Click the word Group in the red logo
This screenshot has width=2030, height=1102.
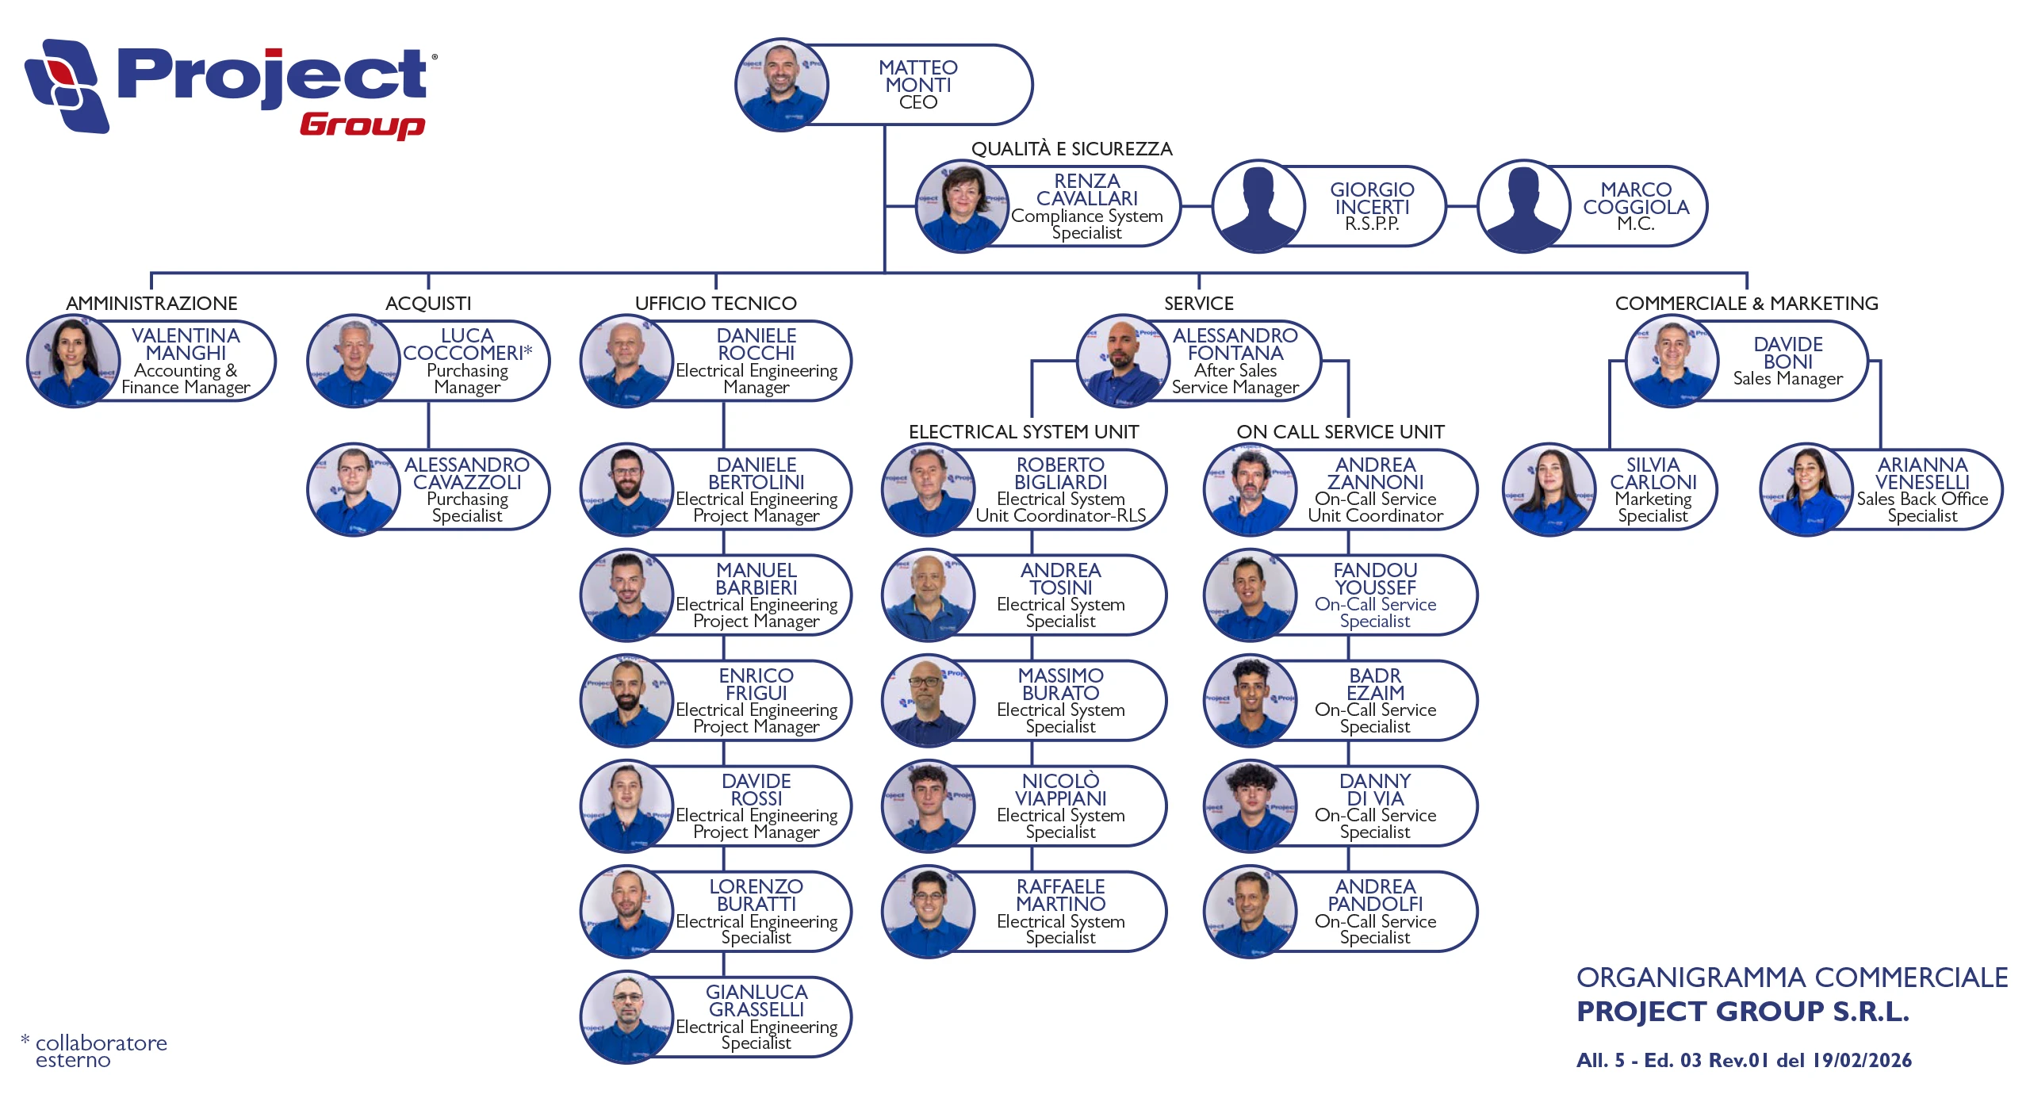tap(362, 125)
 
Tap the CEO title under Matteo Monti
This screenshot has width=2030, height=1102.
tap(917, 102)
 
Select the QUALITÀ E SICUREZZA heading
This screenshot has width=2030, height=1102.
tap(1071, 149)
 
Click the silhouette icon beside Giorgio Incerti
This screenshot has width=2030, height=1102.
tap(1258, 207)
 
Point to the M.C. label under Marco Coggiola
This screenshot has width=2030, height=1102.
tap(1635, 224)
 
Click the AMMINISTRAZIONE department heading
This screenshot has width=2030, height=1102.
tap(151, 304)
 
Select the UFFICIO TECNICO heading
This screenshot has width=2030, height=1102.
tap(715, 304)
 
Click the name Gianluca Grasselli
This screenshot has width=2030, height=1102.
tap(756, 1001)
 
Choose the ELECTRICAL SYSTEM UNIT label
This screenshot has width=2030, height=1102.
tap(1023, 432)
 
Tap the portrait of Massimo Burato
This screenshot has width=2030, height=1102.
tap(928, 701)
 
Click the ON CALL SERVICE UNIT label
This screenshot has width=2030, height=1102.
tap(1340, 432)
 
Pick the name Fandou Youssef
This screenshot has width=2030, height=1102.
tap(1375, 579)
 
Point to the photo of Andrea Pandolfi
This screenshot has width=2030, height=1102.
tap(1250, 912)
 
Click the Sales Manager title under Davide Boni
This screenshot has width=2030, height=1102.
tap(1787, 379)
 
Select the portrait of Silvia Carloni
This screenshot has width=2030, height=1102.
tap(1549, 490)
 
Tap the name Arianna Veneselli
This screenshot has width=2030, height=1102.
tap(1922, 473)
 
